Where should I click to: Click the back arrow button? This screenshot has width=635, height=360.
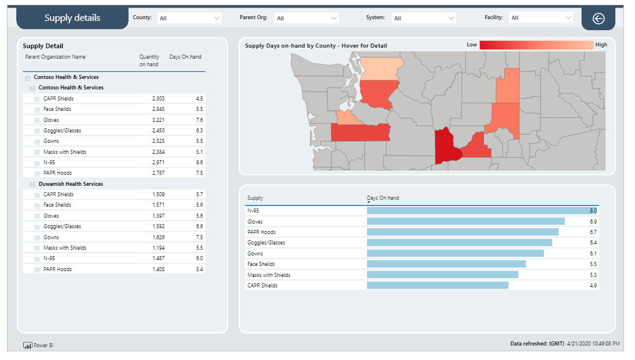click(x=598, y=19)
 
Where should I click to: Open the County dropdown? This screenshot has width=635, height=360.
click(x=189, y=18)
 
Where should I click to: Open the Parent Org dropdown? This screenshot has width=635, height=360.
click(x=306, y=18)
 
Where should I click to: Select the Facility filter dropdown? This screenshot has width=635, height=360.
click(x=541, y=18)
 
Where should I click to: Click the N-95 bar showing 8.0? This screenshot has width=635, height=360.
click(x=481, y=211)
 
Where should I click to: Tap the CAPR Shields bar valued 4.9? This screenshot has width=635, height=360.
click(x=438, y=285)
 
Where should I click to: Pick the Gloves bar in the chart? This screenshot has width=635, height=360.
click(x=466, y=221)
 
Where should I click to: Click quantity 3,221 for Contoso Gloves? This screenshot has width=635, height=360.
click(x=158, y=120)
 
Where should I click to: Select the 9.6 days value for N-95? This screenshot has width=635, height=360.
click(x=199, y=163)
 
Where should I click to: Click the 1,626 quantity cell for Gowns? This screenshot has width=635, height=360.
click(x=158, y=237)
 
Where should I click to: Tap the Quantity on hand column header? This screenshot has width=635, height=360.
click(x=149, y=60)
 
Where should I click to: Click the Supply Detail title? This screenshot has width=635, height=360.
click(x=43, y=46)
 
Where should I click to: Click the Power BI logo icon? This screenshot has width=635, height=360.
click(x=27, y=345)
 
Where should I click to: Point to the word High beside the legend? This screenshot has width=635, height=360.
click(x=601, y=45)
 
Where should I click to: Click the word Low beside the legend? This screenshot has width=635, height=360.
click(x=471, y=45)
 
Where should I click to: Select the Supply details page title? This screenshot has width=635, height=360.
click(x=72, y=18)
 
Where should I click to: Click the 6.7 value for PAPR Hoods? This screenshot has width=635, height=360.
click(x=593, y=232)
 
